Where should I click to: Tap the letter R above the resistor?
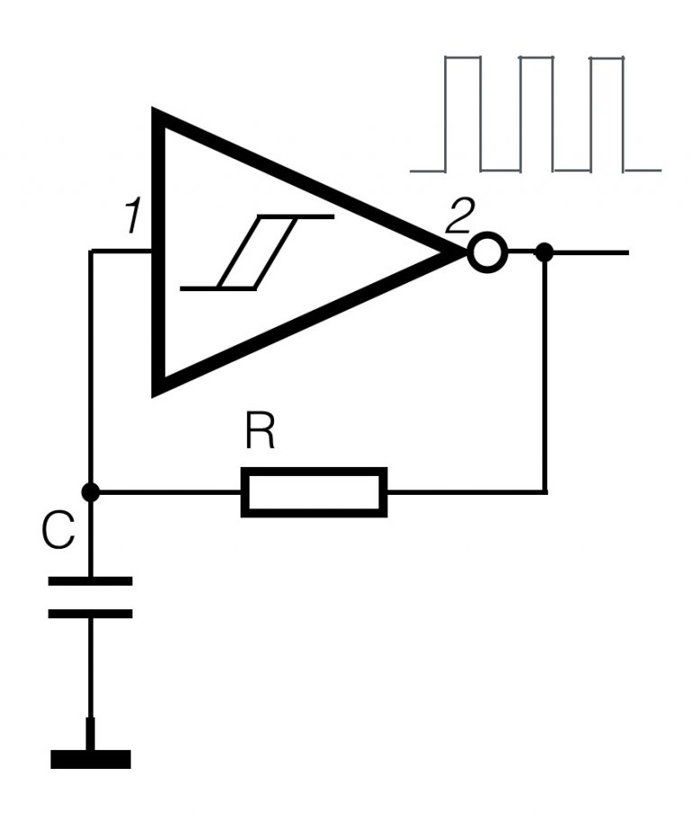tap(259, 435)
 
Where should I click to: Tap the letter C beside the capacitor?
tap(59, 533)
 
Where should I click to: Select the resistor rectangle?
tap(314, 492)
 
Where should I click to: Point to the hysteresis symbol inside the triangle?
tap(259, 252)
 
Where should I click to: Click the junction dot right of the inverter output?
tap(544, 252)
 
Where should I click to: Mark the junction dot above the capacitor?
tap(89, 492)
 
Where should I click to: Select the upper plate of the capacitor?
tap(89, 581)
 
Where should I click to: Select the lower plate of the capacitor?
tap(89, 614)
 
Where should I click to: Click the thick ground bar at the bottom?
tap(90, 759)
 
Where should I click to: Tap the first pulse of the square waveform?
tap(464, 113)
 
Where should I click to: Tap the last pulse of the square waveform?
tap(606, 113)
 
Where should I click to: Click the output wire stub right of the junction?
tap(590, 252)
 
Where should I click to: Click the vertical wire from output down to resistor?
tap(545, 379)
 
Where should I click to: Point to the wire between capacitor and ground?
tap(90, 671)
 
